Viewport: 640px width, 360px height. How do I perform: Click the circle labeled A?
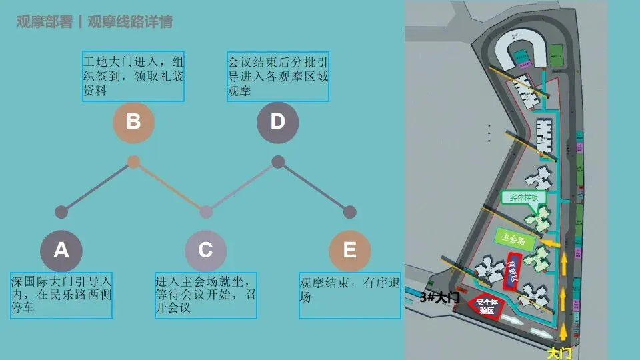click(x=61, y=250)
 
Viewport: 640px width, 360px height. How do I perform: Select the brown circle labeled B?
click(x=133, y=122)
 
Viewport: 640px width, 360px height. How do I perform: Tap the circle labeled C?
click(x=205, y=250)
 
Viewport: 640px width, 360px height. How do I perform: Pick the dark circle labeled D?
click(x=277, y=122)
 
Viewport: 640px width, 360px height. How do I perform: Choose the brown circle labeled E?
click(x=349, y=250)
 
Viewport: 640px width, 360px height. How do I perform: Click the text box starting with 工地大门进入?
click(x=133, y=77)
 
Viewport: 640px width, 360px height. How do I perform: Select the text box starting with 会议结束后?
click(x=278, y=77)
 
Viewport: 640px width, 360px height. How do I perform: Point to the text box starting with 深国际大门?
click(x=61, y=295)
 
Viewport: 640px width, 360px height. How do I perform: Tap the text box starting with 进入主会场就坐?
click(x=206, y=295)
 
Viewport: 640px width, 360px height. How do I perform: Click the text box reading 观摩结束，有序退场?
click(x=350, y=295)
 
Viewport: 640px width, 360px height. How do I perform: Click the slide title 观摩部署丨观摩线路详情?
click(x=94, y=22)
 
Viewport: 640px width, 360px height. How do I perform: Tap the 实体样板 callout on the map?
click(x=524, y=198)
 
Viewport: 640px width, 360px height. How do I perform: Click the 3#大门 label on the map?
click(x=440, y=297)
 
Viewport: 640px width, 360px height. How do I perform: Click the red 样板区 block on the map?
click(x=515, y=270)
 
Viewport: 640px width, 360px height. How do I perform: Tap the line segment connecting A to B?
click(x=97, y=187)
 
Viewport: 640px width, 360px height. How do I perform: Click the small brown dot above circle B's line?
click(x=133, y=162)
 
